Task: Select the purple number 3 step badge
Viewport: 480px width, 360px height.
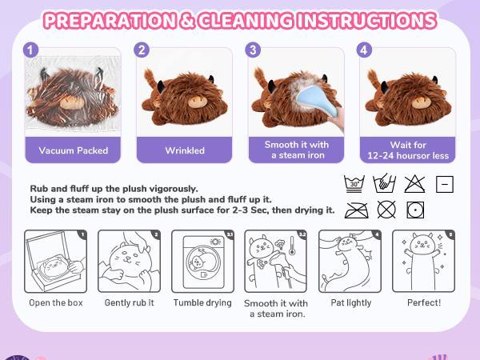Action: tap(254, 50)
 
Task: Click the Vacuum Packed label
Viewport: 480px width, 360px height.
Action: tap(73, 150)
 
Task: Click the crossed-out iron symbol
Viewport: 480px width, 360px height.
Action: tap(354, 210)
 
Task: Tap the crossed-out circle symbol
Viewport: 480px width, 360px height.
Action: tap(385, 210)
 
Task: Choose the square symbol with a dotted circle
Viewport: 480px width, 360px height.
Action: tap(414, 210)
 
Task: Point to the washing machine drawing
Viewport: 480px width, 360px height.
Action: tap(202, 262)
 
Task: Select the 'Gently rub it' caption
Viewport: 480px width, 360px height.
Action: tap(128, 303)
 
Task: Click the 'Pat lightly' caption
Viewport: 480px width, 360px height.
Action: tap(350, 303)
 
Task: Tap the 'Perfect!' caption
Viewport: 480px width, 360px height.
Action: tap(425, 303)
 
